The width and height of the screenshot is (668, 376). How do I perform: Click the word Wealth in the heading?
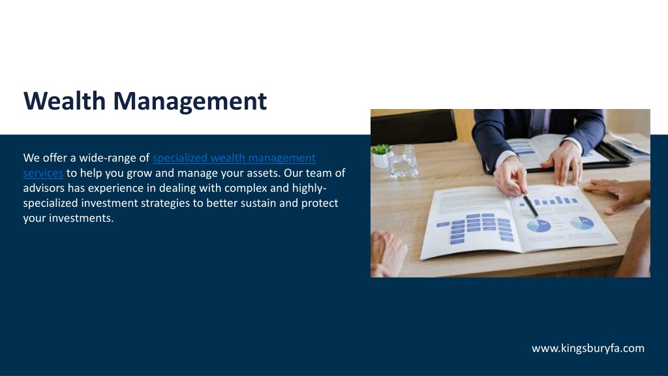(65, 101)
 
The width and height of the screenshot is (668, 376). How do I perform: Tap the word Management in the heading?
(190, 101)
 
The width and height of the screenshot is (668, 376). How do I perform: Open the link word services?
(43, 173)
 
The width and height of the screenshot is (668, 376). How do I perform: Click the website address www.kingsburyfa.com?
(588, 349)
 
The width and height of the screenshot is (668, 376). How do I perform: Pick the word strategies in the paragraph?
(165, 204)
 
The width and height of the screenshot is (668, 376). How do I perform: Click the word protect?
(320, 203)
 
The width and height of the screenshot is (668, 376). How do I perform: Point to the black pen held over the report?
(530, 206)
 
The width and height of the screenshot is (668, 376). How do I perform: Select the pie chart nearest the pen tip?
(539, 225)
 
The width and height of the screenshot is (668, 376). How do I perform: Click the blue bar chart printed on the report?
(549, 200)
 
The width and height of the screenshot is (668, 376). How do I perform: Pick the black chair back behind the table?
(413, 126)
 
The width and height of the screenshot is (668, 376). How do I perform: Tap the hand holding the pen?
(509, 176)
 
